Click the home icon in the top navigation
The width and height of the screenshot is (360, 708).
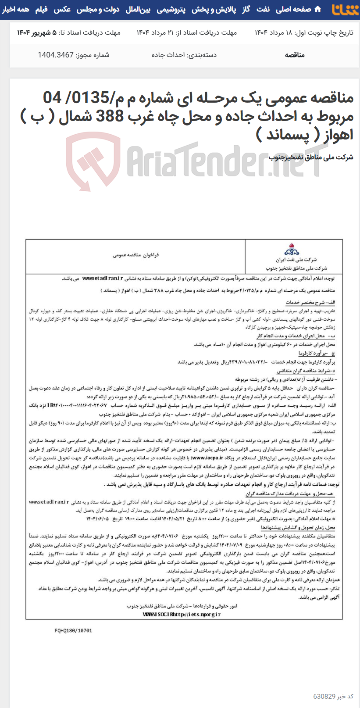(317, 9)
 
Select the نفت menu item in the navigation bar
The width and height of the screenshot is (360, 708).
(263, 9)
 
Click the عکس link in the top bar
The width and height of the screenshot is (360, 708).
(62, 9)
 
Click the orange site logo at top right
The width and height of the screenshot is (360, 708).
(345, 9)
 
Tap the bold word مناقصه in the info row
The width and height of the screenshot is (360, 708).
(295, 55)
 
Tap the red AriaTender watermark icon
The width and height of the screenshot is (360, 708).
(93, 156)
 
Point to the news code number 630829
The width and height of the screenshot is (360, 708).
(324, 697)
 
